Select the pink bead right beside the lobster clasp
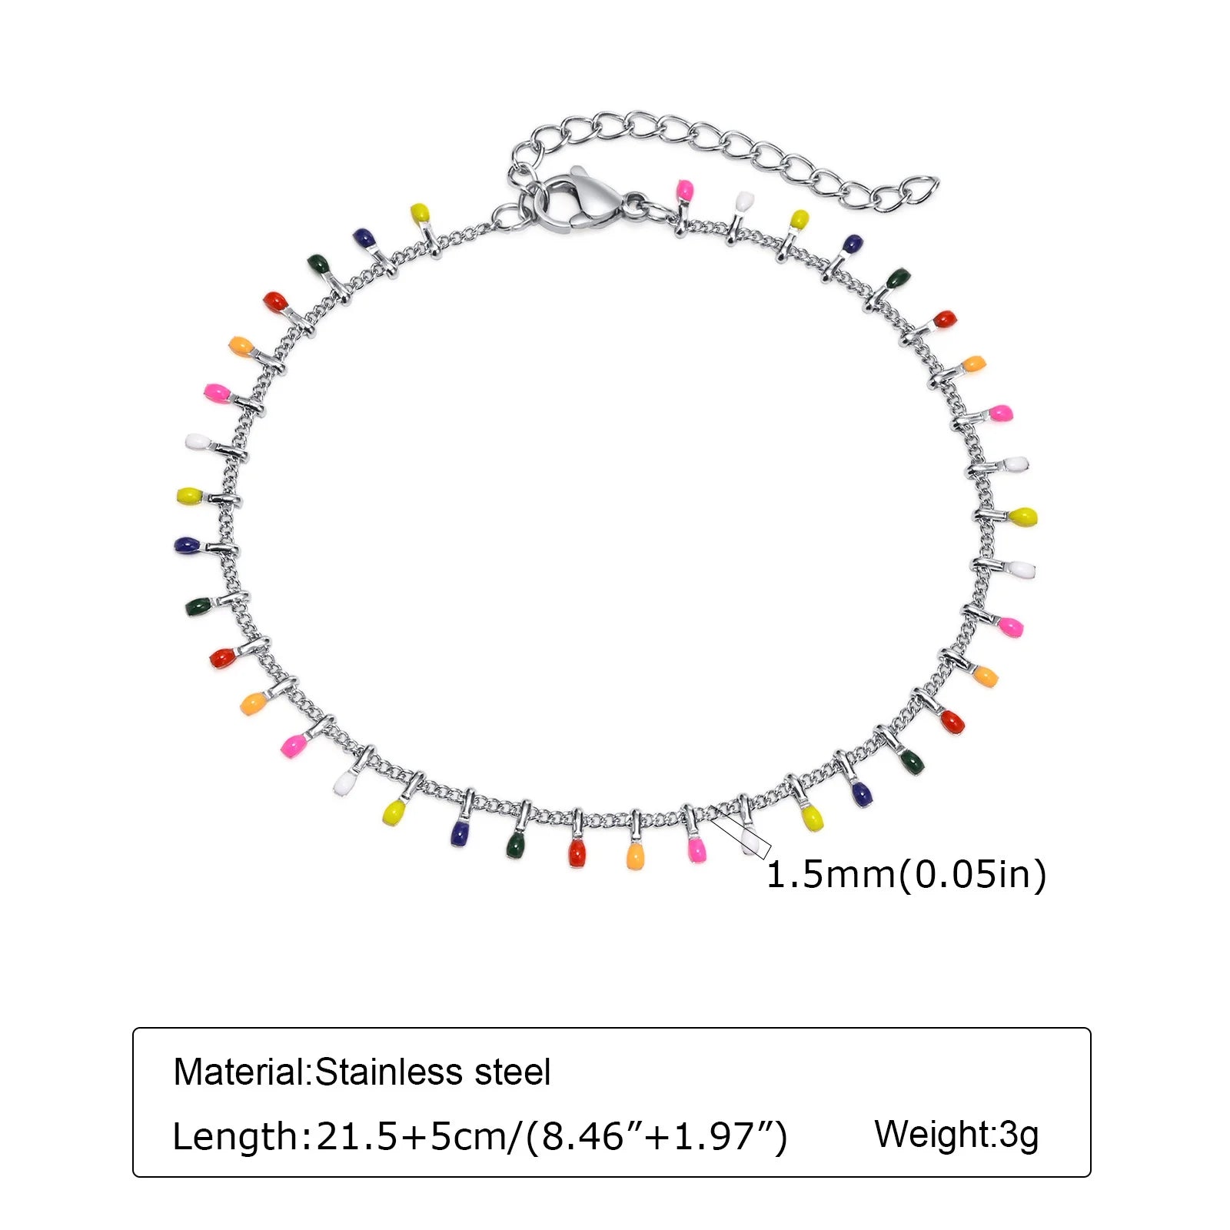683,191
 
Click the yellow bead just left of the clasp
420,212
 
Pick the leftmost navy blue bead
186,545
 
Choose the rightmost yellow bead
1023,517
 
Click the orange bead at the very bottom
635,856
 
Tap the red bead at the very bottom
577,853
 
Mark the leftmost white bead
197,442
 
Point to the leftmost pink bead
215,393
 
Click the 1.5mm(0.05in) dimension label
906,875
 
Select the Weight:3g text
956,1135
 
